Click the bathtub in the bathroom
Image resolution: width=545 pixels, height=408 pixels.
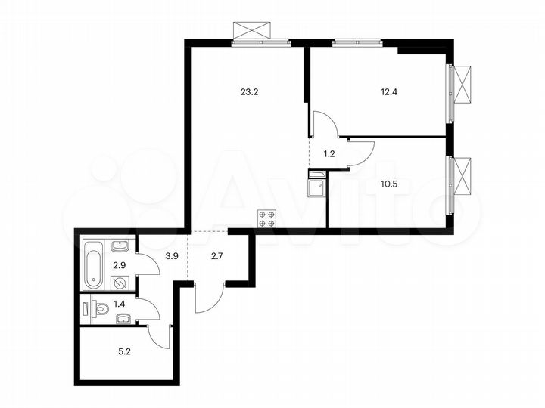tap(93, 263)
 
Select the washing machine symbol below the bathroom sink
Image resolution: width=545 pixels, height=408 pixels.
tap(120, 283)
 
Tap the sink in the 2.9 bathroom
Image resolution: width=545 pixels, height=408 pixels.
tap(120, 246)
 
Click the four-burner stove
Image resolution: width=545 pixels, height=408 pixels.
tap(266, 218)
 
